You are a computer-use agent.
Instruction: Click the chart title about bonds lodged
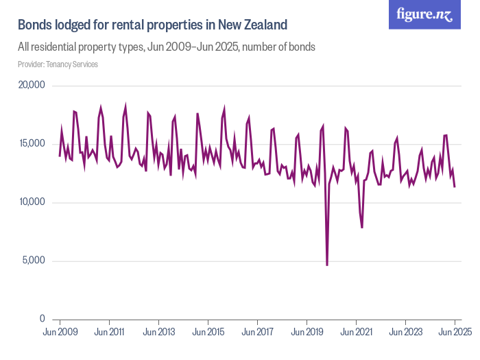pos(152,25)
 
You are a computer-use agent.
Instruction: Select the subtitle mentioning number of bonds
pos(166,47)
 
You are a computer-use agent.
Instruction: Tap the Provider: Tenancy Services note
pos(58,64)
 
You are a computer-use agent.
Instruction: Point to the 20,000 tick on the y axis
pos(30,86)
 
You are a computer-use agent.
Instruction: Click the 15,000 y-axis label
pos(30,144)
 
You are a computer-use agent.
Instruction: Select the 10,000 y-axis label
pos(30,202)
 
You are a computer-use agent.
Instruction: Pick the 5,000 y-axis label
pos(33,261)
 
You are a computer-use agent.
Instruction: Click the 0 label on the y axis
pos(42,319)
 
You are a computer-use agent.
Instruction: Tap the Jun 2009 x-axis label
pos(60,332)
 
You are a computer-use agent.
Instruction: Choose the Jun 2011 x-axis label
pos(109,332)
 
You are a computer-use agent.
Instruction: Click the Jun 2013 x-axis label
pos(158,332)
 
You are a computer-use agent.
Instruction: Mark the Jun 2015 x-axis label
pos(208,332)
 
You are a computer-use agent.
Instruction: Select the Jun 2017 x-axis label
pos(257,332)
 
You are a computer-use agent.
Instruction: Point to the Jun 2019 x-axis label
pos(307,332)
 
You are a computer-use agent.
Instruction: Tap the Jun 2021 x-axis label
pos(356,332)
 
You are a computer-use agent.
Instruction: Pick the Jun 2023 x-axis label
pos(405,332)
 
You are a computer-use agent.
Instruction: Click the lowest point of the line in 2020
pos(327,265)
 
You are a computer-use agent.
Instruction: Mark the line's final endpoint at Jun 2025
pos(455,187)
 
